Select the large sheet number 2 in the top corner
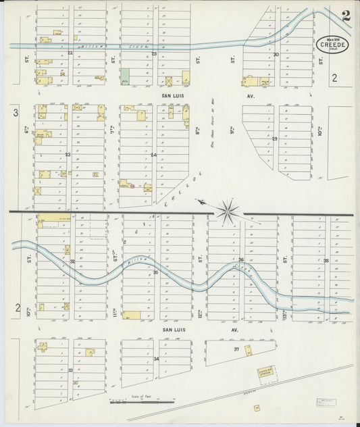click(x=345, y=16)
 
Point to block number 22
click(x=70, y=51)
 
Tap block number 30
click(x=276, y=54)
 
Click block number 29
click(x=275, y=139)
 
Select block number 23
click(x=68, y=155)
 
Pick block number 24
click(x=153, y=155)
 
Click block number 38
click(x=326, y=260)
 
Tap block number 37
click(x=236, y=349)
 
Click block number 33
click(x=70, y=370)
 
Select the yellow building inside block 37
click(x=248, y=350)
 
